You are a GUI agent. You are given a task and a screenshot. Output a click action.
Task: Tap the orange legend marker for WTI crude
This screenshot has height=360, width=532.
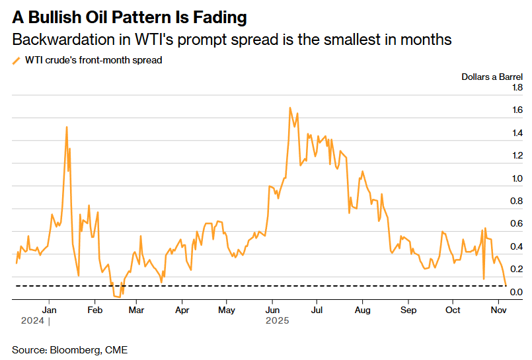coord(17,60)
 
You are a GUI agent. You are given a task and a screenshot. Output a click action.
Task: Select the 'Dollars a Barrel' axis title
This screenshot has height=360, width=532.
coord(492,77)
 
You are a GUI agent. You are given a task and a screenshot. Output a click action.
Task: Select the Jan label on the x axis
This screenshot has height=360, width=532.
coord(49,310)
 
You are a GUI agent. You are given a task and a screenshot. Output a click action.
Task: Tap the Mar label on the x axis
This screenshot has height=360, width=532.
coord(136,310)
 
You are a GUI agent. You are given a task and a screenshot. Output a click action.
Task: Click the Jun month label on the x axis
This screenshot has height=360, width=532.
coord(272,310)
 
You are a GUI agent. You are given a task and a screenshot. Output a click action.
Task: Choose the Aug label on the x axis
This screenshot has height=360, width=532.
coord(362,310)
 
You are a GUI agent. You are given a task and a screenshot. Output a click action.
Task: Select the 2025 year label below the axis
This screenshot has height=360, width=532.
coord(278,321)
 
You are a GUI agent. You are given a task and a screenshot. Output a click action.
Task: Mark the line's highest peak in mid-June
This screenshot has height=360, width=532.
coord(290,107)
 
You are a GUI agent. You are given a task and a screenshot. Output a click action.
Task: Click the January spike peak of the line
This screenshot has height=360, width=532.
coord(67,127)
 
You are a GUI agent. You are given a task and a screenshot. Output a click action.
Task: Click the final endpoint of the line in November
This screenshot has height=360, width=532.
coord(506,285)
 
